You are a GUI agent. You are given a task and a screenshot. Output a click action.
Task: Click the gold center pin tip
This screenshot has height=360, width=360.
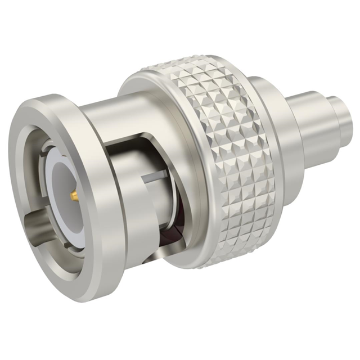(x=74, y=196)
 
